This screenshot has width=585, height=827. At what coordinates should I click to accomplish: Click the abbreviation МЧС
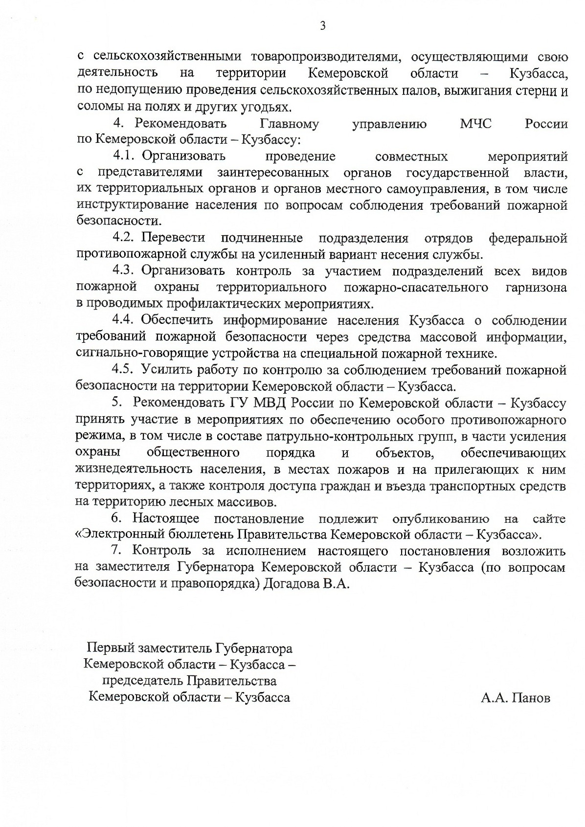tap(475, 124)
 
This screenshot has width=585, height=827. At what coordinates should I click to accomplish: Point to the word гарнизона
tap(536, 288)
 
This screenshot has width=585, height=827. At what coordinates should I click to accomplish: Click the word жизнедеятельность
tap(135, 469)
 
